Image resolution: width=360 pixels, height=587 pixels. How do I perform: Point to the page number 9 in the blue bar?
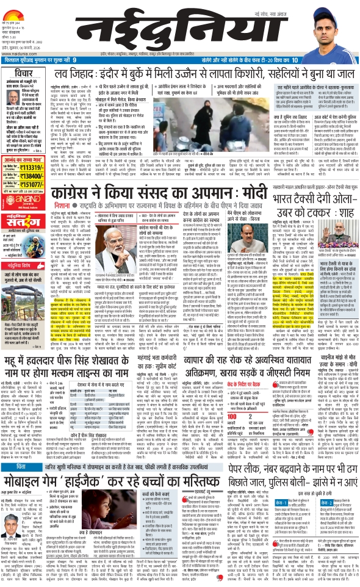tap(75, 60)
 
